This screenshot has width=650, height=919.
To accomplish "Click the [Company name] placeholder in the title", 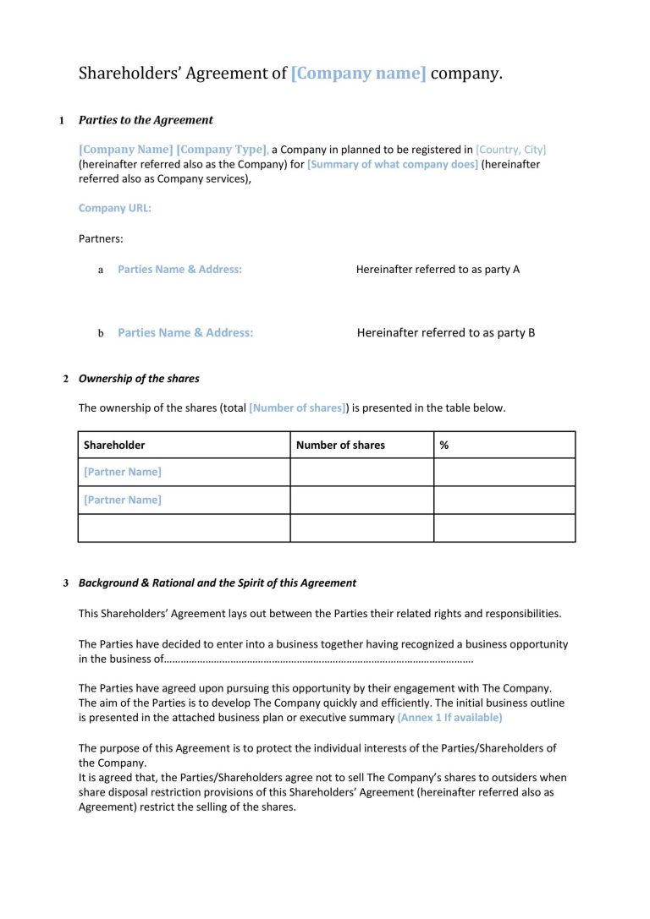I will point(358,74).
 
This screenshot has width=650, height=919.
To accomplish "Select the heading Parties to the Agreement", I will point(146,120).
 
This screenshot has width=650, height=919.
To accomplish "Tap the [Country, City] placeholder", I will point(511,150).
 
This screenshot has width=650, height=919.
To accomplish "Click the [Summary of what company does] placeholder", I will point(392,164).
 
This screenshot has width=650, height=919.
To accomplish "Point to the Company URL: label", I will point(115,208).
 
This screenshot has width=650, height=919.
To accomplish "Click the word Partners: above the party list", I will point(101,238).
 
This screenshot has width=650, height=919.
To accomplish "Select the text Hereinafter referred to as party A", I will point(438,270).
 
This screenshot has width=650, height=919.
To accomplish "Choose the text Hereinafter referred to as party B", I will point(446,333).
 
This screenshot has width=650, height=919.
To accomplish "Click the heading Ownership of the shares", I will point(139,379).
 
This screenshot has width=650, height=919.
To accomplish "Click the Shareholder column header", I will point(114,445).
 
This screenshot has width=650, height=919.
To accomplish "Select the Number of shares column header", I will point(340,445).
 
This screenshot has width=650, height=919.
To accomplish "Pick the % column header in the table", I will point(444,445).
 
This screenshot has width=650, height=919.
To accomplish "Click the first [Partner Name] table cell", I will point(123,472).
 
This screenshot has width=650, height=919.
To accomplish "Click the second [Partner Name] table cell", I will point(123,500).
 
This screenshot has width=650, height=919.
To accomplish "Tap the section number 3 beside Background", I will point(66,583).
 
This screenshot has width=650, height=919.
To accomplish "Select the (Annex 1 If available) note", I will point(449,718).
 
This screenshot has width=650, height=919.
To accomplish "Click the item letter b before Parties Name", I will point(101,334).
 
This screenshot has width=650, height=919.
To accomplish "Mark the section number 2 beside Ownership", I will point(66,379).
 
